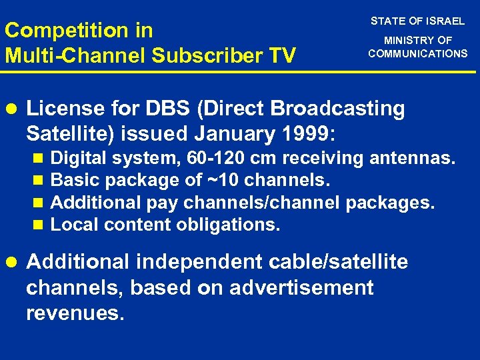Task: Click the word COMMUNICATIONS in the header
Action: click(418, 53)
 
